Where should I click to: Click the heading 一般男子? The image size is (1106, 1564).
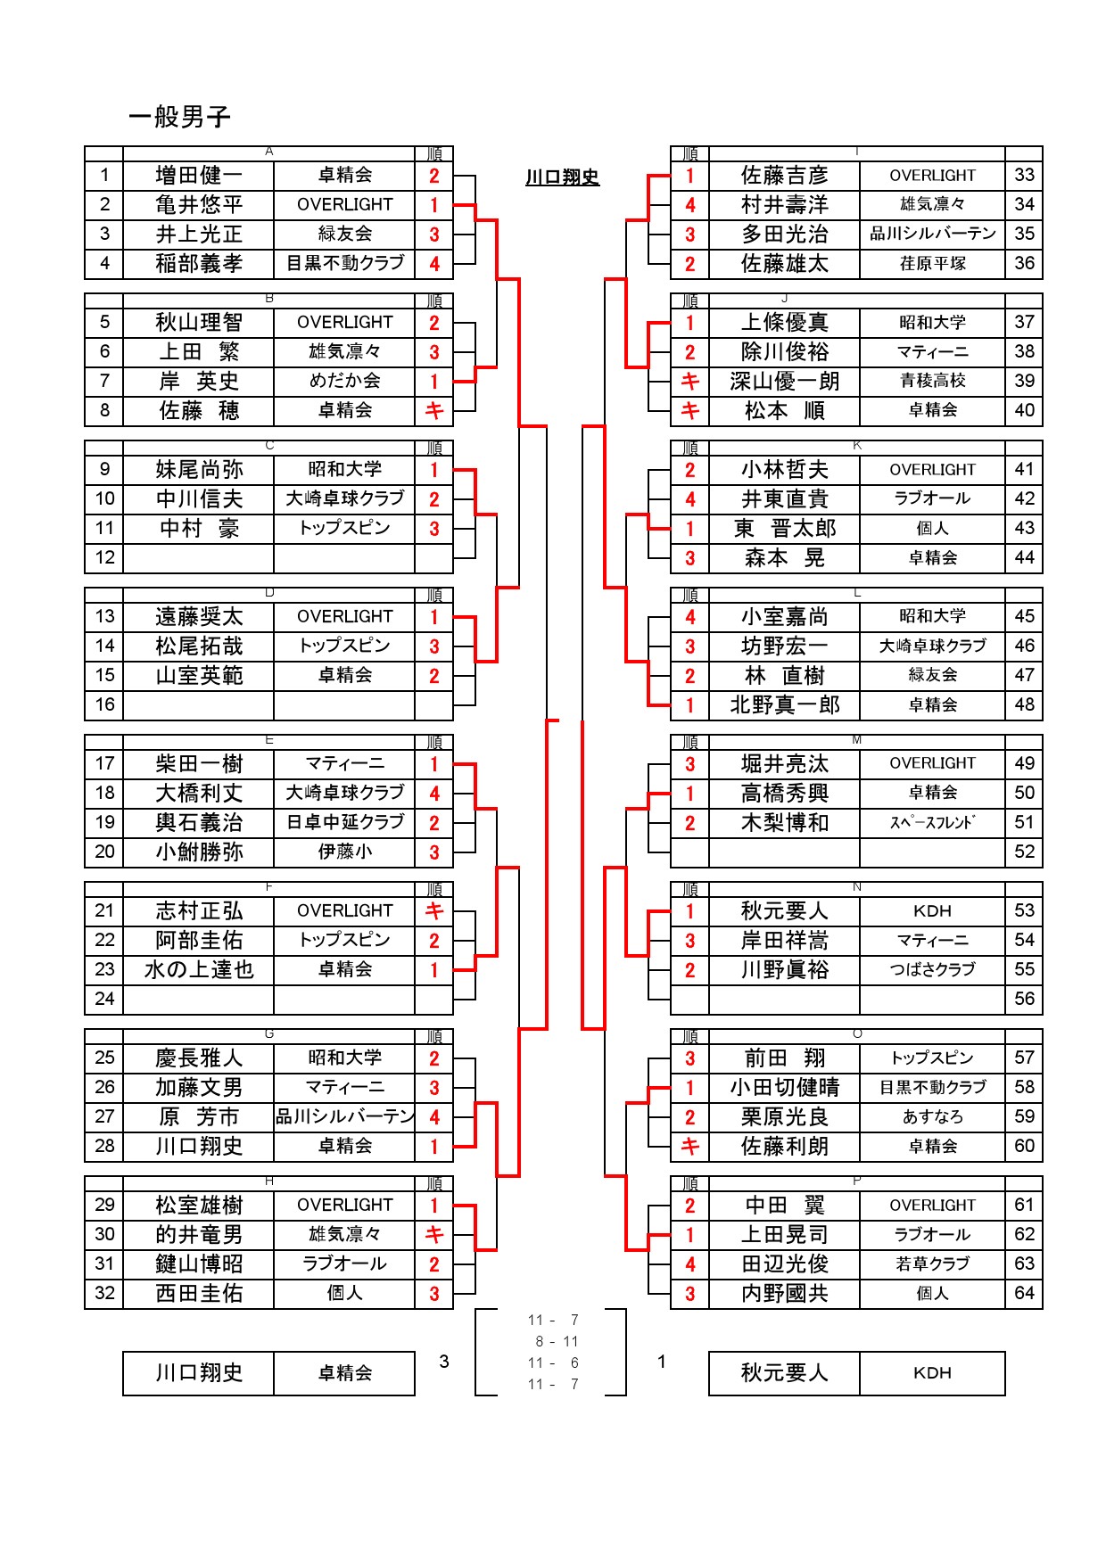point(179,117)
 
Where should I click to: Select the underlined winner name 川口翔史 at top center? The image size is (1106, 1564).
point(562,177)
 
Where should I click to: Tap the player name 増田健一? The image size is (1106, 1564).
point(198,176)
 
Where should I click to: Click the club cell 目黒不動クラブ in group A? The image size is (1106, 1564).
point(344,264)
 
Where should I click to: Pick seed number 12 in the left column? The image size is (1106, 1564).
point(104,558)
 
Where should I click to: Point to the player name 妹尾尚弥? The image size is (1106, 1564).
point(198,470)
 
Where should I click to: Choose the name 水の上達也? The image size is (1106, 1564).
point(198,970)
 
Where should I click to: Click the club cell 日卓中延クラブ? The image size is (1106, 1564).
point(344,822)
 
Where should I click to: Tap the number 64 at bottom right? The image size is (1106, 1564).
point(1024,1293)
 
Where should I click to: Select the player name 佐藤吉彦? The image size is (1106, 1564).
point(784,176)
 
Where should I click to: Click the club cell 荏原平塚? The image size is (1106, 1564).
point(932,264)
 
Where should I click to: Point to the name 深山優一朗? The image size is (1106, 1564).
point(784,382)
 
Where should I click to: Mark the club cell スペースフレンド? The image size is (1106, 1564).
point(932,822)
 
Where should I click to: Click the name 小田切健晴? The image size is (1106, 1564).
point(784,1088)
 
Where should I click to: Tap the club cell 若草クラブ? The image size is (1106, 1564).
point(932,1264)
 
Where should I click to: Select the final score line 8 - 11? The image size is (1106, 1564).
point(556,1341)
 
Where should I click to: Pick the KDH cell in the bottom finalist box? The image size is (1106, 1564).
point(932,1373)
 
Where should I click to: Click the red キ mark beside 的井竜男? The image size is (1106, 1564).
point(434,1235)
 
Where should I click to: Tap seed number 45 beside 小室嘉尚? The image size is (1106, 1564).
point(1024,616)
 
